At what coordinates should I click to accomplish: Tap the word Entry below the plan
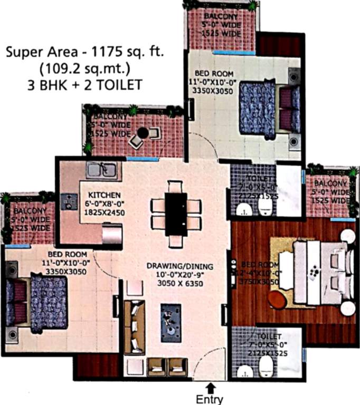(210, 399)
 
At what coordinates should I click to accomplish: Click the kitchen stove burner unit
(69, 201)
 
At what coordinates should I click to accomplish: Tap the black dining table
(175, 214)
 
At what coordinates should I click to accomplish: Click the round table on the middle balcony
(143, 134)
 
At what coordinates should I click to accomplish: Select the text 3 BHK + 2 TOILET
(86, 84)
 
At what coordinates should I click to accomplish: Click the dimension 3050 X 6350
(173, 283)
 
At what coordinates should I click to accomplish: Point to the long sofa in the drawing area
(134, 327)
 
